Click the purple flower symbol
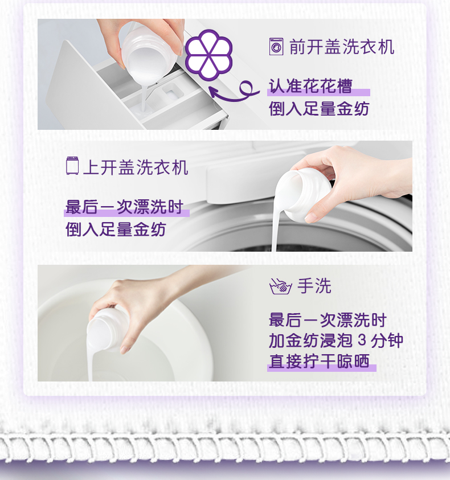tap(208, 55)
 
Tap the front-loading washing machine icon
tap(276, 47)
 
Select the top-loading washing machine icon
tap(72, 166)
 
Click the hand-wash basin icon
tap(280, 286)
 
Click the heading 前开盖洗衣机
tap(342, 47)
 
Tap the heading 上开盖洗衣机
tap(136, 167)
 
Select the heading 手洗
tap(314, 286)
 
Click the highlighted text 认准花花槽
tap(310, 86)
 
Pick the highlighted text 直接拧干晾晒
tap(319, 361)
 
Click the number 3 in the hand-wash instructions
tap(362, 340)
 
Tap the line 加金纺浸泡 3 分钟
tap(336, 340)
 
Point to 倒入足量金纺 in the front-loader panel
tap(319, 109)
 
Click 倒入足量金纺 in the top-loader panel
tap(116, 229)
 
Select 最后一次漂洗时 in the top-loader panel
tap(124, 207)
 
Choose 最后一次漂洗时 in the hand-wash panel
tap(328, 319)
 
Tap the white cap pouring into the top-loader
tap(303, 194)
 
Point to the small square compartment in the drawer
tap(173, 91)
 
